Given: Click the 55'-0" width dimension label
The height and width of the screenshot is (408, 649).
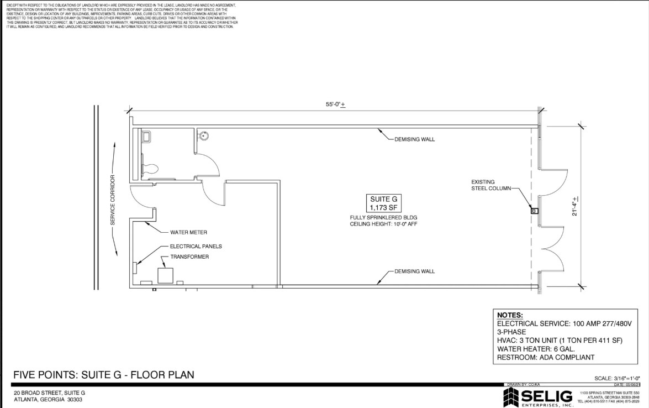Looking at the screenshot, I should point(335,104).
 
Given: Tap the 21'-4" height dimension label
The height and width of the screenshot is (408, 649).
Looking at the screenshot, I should point(576,206).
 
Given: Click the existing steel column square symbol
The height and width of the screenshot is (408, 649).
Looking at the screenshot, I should point(534,211).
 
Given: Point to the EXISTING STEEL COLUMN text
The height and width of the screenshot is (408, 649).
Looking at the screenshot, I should point(491,185).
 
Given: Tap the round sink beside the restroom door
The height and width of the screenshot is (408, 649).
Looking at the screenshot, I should point(203,134).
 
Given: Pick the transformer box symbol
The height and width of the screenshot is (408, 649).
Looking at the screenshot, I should point(165,276).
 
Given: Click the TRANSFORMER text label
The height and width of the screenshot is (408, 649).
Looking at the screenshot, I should point(189,257).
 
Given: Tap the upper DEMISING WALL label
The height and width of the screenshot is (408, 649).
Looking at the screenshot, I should point(414,139).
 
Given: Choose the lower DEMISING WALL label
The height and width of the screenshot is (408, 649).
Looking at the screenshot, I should point(414,271).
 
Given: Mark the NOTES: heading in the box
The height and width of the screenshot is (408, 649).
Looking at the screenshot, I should point(510,315).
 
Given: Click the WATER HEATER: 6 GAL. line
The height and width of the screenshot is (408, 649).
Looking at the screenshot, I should point(536,349).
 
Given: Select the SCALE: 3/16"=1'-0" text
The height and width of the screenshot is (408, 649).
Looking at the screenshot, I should point(616,378).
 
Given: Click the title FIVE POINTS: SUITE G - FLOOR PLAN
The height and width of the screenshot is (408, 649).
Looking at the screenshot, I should point(104,375).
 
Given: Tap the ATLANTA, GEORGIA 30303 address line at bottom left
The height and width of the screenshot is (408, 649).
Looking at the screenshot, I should point(48,399).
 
